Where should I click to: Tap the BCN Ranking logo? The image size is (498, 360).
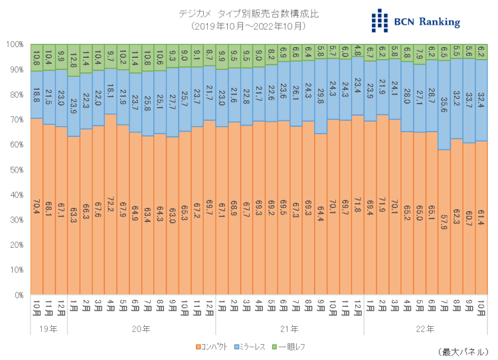(416, 21)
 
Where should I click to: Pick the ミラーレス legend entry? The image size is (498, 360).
(253, 347)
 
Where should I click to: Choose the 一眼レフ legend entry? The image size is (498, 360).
(289, 347)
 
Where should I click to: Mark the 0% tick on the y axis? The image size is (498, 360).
(17, 296)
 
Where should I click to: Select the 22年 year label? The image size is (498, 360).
(425, 329)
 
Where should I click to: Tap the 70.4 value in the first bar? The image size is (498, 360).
(37, 206)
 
